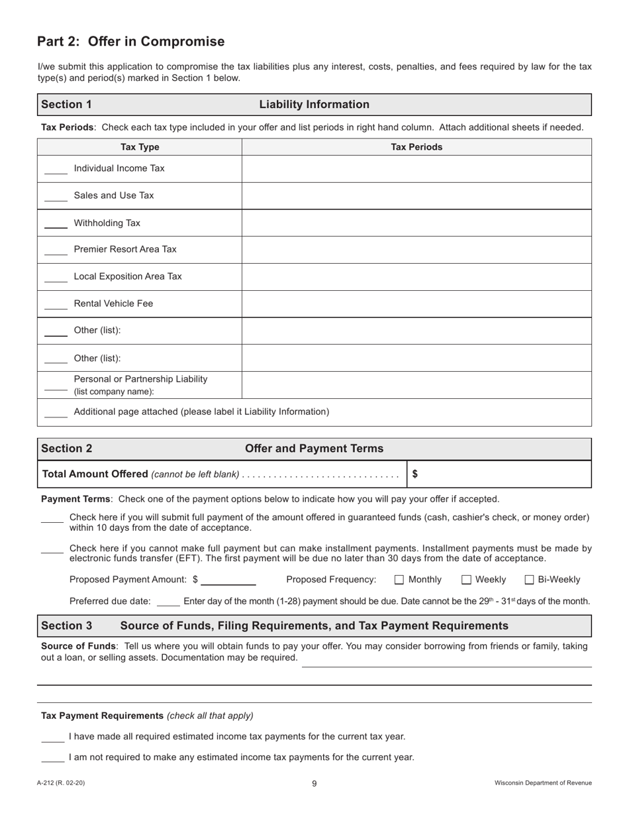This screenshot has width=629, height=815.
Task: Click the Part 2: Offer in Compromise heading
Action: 130,42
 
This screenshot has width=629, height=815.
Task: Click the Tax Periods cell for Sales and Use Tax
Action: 416,195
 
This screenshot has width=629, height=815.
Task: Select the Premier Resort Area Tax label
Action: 125,249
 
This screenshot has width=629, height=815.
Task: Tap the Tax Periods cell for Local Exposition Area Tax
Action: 416,277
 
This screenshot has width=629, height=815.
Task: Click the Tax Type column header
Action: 140,147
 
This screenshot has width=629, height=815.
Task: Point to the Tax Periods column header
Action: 416,147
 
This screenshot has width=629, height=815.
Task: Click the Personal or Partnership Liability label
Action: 140,379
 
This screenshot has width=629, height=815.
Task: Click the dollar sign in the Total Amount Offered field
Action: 415,474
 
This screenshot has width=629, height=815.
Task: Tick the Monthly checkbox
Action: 399,580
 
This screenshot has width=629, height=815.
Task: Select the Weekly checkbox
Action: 466,580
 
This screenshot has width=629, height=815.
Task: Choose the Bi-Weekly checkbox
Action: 529,580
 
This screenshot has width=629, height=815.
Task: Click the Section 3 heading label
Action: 67,625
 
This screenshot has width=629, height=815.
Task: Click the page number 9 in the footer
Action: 314,783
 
